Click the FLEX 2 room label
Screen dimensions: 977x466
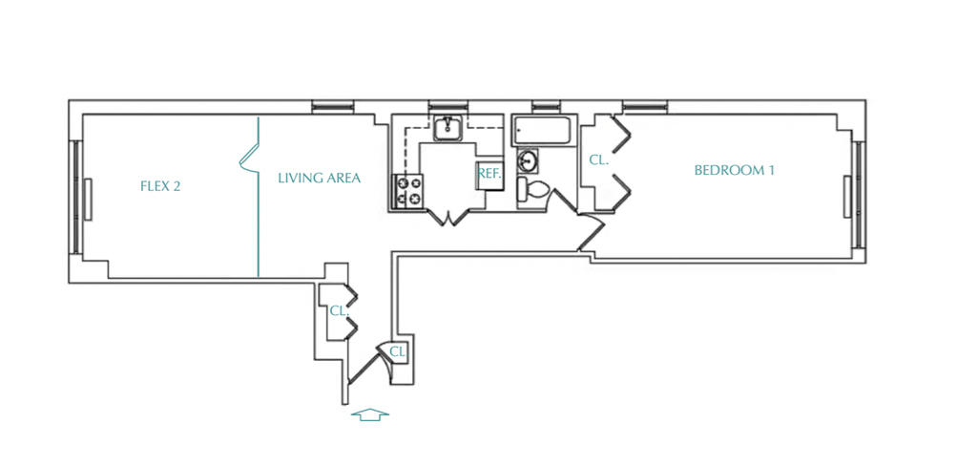[160, 186]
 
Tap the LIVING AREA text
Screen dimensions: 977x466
[319, 178]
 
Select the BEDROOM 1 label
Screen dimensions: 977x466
[735, 170]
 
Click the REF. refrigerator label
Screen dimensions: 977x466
[489, 173]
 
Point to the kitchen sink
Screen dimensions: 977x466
[447, 129]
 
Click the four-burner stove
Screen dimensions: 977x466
[406, 192]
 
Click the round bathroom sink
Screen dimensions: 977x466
[529, 161]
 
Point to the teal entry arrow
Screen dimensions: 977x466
[370, 414]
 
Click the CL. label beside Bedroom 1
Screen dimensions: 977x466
[598, 159]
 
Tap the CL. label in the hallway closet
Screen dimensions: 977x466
[339, 310]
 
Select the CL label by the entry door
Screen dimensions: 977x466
[398, 351]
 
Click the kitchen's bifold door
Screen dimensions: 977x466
[448, 218]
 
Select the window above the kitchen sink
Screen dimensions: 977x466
[447, 106]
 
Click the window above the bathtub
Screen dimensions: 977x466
[545, 106]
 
